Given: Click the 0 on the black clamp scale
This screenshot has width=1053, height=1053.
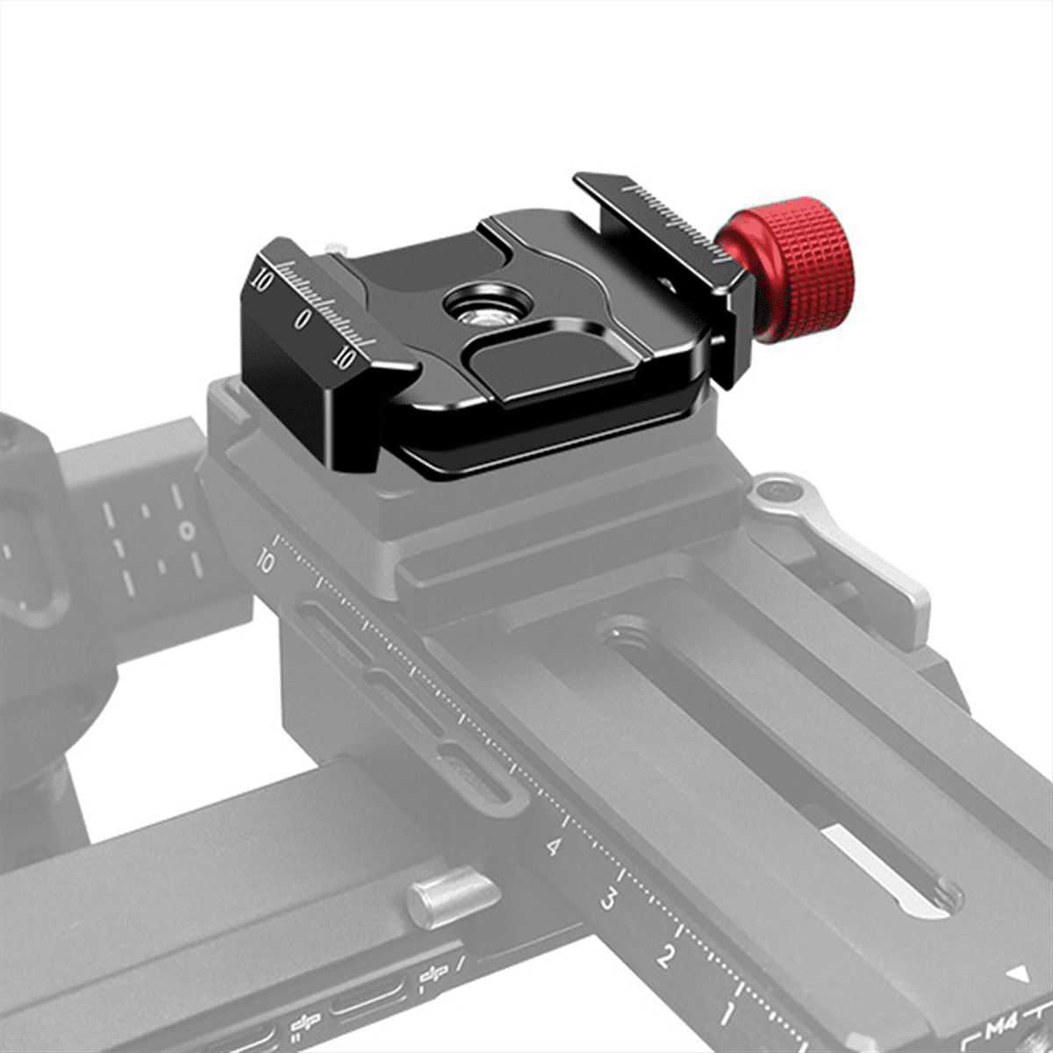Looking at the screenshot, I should [303, 319].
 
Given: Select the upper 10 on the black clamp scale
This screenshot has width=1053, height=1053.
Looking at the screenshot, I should [260, 280].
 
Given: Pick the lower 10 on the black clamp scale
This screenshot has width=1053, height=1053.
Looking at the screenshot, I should [345, 357].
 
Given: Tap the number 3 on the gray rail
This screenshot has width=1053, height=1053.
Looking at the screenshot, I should [607, 899].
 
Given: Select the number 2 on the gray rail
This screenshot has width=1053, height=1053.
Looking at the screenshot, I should [666, 956].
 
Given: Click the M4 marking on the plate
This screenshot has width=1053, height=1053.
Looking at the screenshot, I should [1001, 1026].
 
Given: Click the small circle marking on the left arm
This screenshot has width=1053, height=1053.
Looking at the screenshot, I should [186, 530].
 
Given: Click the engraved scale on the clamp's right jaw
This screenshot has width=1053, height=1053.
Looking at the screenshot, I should [671, 219].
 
